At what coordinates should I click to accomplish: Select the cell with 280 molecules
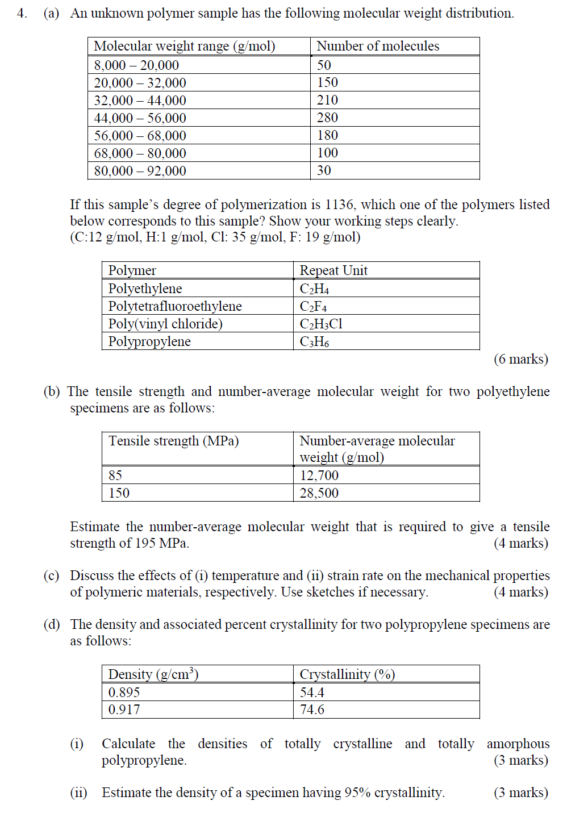(x=327, y=118)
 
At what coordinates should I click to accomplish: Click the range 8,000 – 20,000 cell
(x=136, y=65)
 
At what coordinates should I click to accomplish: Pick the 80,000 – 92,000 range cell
(x=140, y=171)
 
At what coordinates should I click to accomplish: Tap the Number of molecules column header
(x=377, y=46)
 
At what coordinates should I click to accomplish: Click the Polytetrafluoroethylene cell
(x=175, y=306)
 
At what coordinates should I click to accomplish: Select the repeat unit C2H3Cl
(x=321, y=324)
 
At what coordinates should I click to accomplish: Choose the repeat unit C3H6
(x=314, y=341)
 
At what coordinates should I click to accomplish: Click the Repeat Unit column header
(x=333, y=270)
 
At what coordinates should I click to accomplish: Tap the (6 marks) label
(x=520, y=359)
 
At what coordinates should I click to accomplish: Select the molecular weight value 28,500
(x=319, y=493)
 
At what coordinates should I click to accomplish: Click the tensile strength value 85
(x=115, y=476)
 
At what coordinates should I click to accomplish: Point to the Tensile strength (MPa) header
(x=173, y=441)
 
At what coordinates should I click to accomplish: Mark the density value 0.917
(x=124, y=710)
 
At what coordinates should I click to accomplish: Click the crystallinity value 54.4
(x=312, y=693)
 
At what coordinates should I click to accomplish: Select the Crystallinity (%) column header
(x=347, y=674)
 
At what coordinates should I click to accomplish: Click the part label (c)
(x=51, y=575)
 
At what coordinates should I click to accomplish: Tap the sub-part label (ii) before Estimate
(x=78, y=793)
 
